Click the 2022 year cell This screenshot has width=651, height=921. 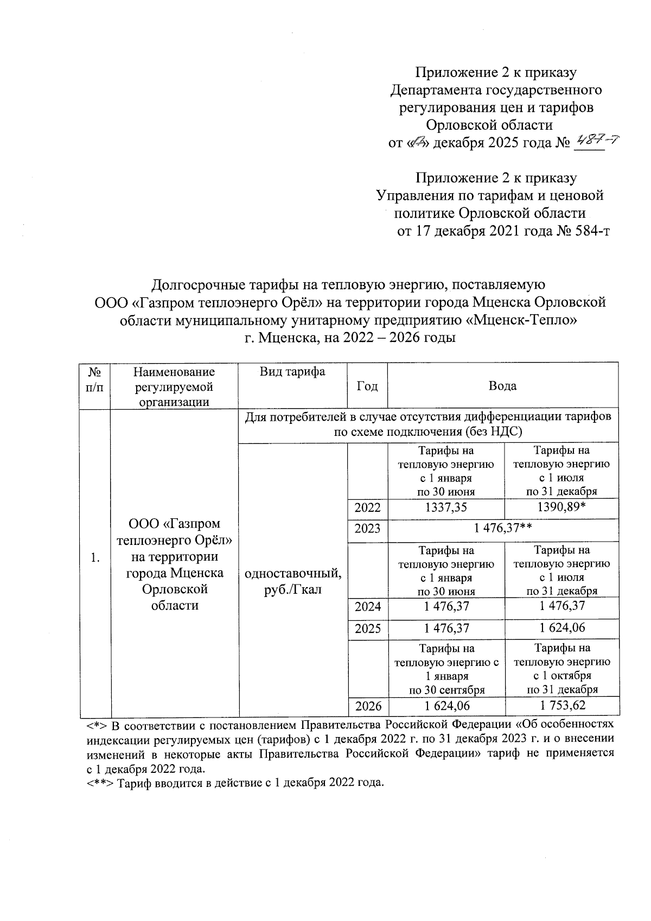tap(367, 508)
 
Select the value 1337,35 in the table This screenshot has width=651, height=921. tap(446, 508)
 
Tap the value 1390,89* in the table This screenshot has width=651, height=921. tap(561, 508)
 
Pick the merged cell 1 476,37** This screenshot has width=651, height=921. tap(503, 529)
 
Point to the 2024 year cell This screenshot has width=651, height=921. tap(367, 607)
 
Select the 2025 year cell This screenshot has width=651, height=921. tap(367, 629)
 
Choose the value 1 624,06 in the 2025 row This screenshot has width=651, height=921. tap(562, 628)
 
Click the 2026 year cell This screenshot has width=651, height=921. tap(367, 706)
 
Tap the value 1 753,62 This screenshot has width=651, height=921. tap(562, 706)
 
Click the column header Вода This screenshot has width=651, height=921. tap(502, 386)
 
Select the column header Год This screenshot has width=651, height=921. tap(367, 386)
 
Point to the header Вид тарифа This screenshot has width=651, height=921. tap(292, 372)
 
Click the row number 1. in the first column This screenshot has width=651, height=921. tap(95, 558)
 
